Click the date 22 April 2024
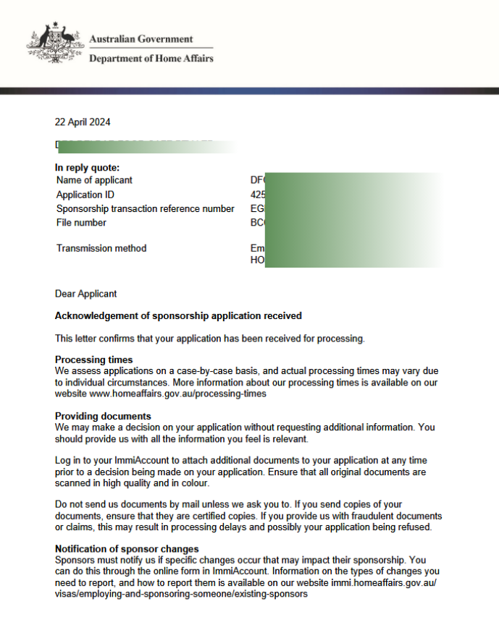tap(83, 122)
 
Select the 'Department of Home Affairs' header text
tap(151, 59)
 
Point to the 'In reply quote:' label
tap(88, 168)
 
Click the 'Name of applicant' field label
tap(94, 180)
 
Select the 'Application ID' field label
tap(85, 195)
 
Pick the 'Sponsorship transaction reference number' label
tap(145, 209)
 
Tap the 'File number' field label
tap(81, 223)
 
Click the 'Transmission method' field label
tap(101, 248)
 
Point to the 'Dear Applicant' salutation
tap(85, 294)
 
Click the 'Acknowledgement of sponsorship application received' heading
tap(178, 316)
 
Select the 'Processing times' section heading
tap(93, 360)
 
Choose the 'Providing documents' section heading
tap(103, 416)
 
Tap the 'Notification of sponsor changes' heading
tap(127, 549)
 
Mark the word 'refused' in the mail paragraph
tap(415, 527)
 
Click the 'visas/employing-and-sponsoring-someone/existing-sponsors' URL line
tap(181, 595)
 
